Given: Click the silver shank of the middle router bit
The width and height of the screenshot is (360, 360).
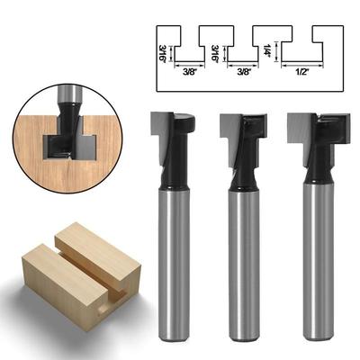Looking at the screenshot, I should tap(243, 261).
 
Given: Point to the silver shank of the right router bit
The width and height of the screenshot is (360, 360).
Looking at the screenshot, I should tap(315, 261).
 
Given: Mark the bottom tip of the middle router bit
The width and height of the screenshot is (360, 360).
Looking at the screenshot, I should tap(243, 337).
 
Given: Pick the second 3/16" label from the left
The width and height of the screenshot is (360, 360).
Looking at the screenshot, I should tap(214, 55).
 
